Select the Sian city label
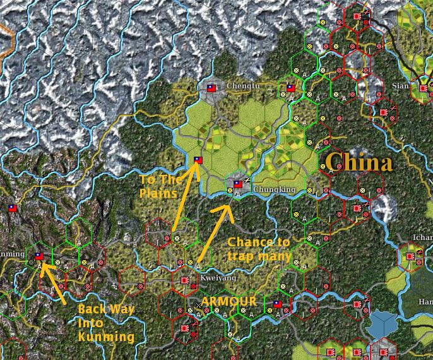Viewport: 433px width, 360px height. [x=400, y=85]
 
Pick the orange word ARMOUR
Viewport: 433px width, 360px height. [x=229, y=301]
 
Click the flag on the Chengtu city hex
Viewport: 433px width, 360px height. [x=211, y=88]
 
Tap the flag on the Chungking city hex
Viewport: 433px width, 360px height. [x=238, y=184]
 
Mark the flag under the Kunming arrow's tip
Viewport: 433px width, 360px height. [x=39, y=256]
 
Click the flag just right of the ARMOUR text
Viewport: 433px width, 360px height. [x=277, y=304]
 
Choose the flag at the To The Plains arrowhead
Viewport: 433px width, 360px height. [x=198, y=160]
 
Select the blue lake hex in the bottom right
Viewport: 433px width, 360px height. [x=383, y=325]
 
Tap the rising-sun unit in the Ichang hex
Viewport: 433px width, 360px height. [x=420, y=253]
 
